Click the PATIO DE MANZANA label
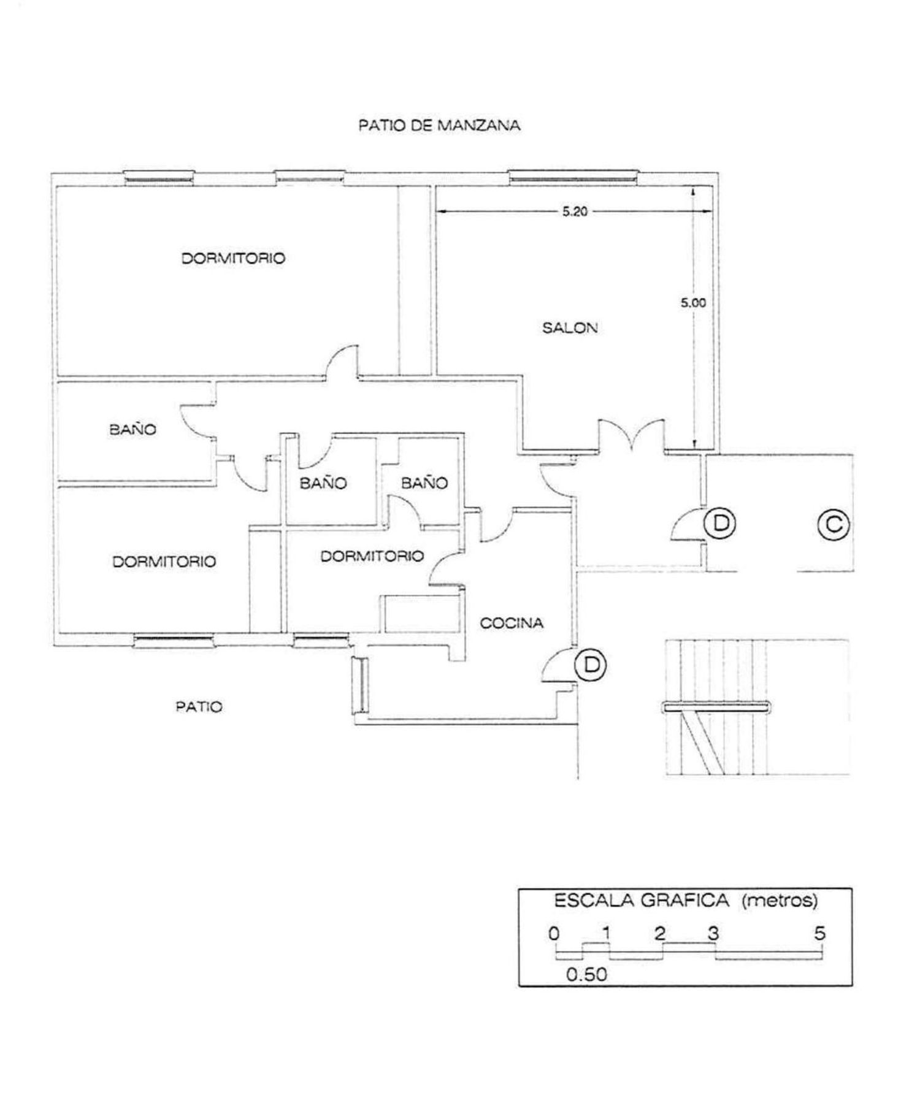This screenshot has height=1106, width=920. [x=439, y=126]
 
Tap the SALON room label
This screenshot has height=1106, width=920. [x=570, y=328]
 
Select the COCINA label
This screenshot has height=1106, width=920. [x=512, y=624]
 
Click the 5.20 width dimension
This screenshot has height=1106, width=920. [x=575, y=212]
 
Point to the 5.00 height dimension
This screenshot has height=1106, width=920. [x=693, y=303]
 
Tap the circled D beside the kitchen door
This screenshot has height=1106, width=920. [x=591, y=665]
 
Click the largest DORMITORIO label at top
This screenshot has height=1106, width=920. [x=233, y=258]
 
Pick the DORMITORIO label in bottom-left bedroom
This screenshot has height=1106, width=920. [x=164, y=562]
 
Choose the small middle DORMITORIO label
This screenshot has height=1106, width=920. [x=372, y=556]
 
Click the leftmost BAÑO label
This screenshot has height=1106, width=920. [x=133, y=429]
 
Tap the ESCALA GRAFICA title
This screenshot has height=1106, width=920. [x=642, y=901]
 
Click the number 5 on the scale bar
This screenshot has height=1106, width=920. [x=820, y=933]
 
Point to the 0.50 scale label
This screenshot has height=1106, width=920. [x=586, y=975]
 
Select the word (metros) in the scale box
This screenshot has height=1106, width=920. [x=780, y=901]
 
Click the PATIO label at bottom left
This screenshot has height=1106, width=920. [x=199, y=707]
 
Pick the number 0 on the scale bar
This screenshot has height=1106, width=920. [x=554, y=933]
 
